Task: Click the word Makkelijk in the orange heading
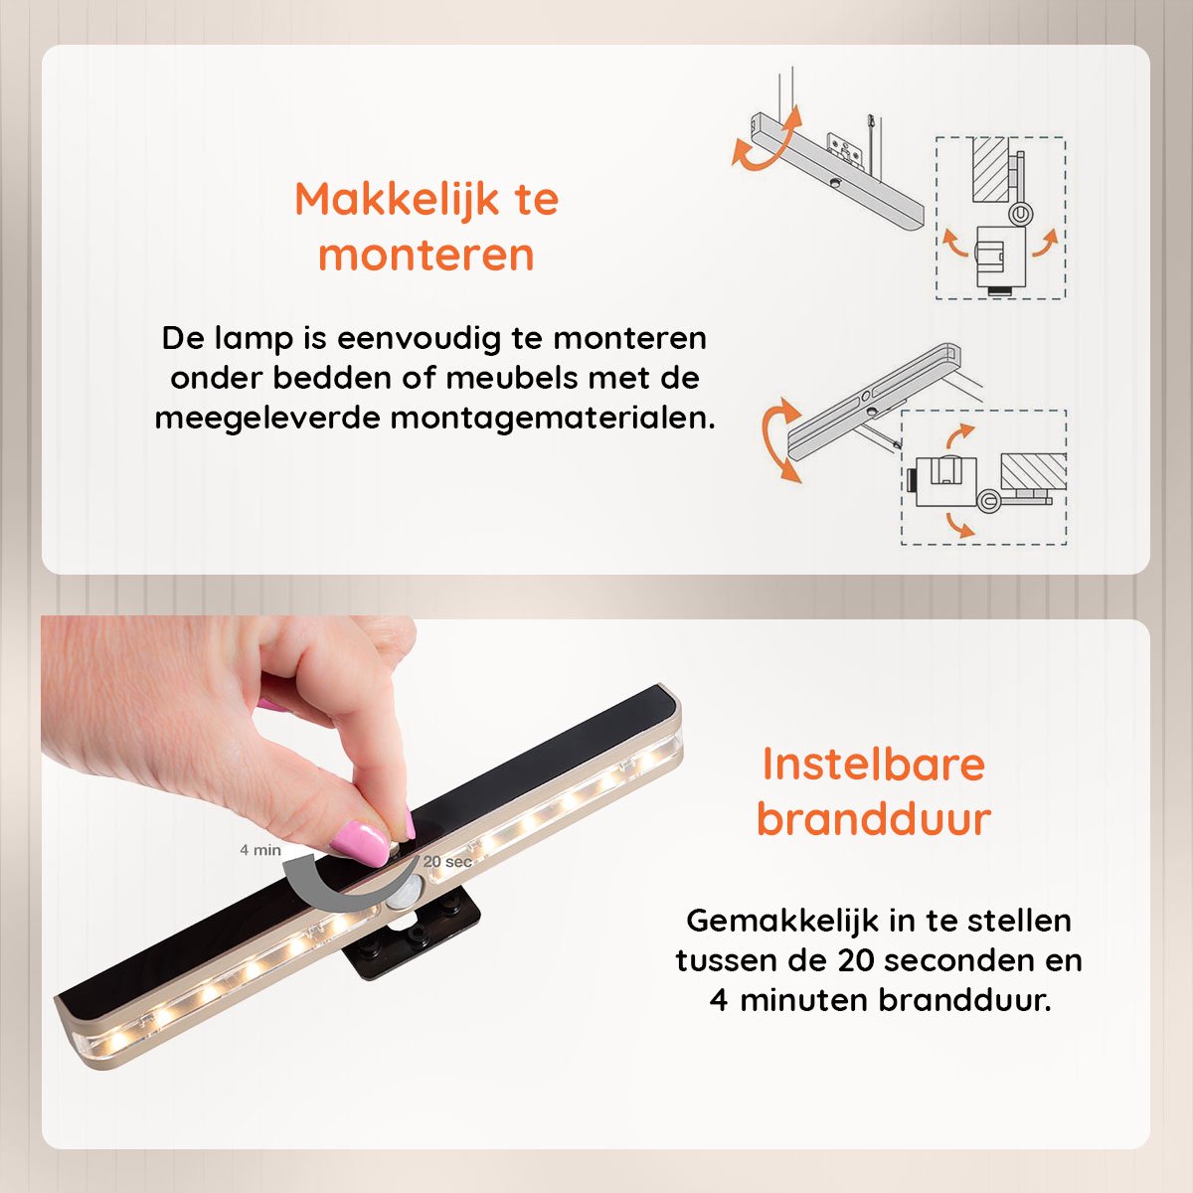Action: point(397,200)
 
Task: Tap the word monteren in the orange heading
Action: point(426,256)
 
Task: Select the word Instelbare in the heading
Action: point(874,765)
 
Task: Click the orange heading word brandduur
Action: point(874,819)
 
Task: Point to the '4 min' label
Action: point(260,850)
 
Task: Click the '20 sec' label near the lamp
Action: point(447,861)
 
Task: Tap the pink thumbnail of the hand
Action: point(359,841)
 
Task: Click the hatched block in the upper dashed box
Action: point(990,169)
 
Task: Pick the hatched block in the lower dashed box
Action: point(1033,472)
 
